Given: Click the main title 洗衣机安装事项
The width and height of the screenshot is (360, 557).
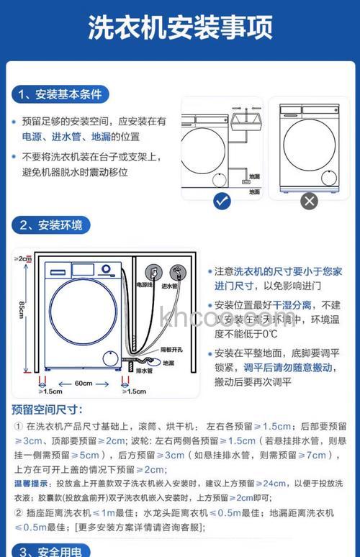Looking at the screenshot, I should point(180,30).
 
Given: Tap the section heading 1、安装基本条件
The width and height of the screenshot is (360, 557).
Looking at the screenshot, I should point(60,94).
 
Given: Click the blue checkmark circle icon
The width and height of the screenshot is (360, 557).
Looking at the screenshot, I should point(222,201).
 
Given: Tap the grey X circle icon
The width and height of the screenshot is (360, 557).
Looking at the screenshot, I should point(309,201).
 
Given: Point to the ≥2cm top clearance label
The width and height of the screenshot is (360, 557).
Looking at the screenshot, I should point(23,258).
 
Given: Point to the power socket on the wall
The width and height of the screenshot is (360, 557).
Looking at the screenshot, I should point(153,272).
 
